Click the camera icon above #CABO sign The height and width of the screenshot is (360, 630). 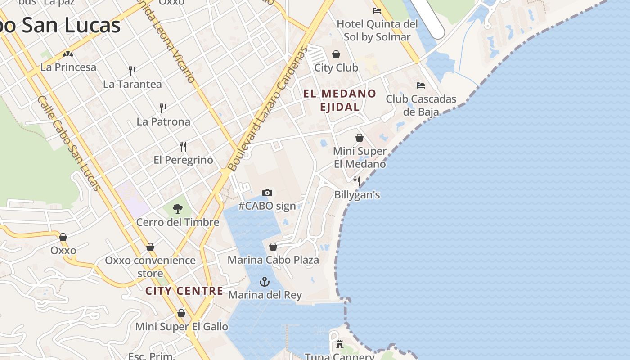coord(267,193)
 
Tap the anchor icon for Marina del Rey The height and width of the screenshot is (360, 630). coord(265,282)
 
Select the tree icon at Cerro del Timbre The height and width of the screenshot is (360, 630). coord(178,208)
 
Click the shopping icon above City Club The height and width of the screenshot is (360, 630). coord(336,55)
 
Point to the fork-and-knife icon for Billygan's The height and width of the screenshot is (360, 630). coord(357,181)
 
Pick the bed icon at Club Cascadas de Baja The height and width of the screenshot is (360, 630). coord(421,85)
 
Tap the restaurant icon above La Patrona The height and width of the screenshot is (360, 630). coord(163,108)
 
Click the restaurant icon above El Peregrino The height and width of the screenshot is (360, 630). coord(183,146)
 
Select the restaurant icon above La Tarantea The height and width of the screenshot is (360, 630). coord(132,71)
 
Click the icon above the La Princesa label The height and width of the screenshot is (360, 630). coord(68,54)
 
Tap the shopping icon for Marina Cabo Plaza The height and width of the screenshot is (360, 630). coord(273,247)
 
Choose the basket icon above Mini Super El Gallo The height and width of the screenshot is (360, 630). coord(181,313)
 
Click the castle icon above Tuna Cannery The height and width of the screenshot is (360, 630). coord(340,344)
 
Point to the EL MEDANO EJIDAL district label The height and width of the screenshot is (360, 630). coord(340,100)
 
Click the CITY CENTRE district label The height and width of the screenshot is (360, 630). coord(184,291)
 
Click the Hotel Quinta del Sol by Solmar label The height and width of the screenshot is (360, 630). coord(377,30)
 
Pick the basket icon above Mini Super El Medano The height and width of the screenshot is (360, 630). coord(360,138)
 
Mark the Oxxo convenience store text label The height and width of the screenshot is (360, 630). coord(150,266)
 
